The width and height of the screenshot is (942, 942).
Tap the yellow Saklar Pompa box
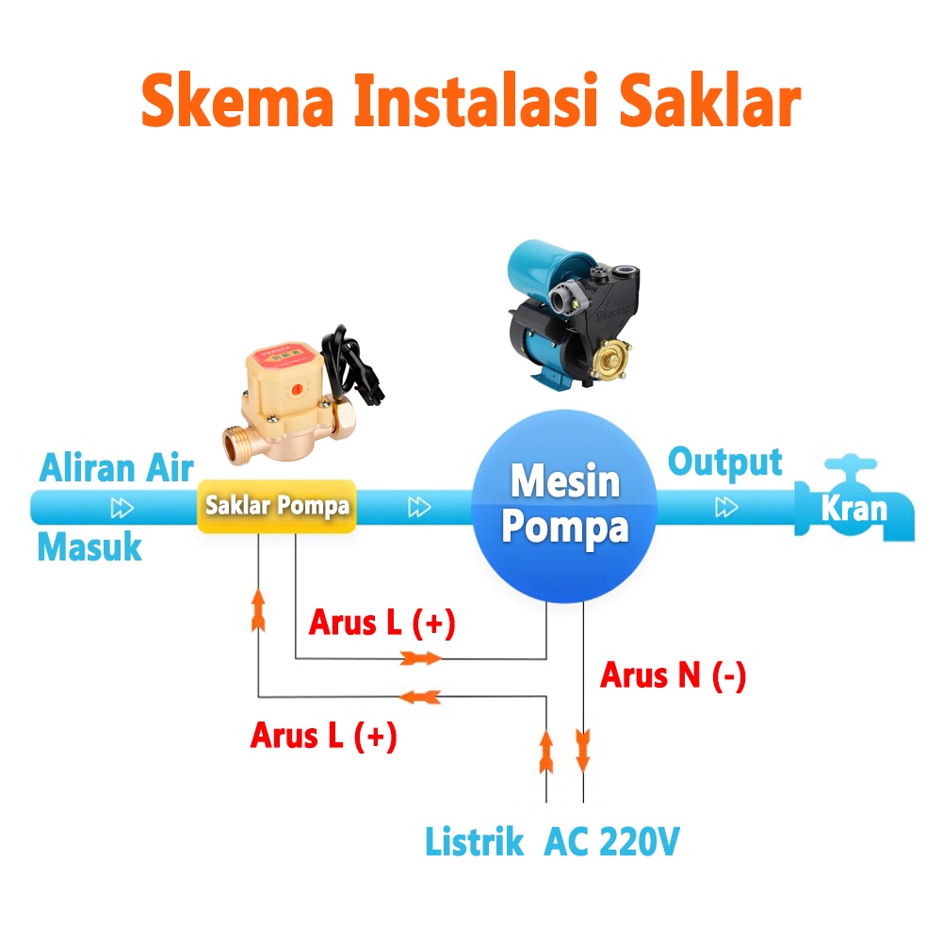point(277,506)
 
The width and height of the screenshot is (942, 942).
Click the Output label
point(724,463)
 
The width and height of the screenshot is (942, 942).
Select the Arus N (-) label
point(673,675)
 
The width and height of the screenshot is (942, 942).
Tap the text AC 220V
point(610,841)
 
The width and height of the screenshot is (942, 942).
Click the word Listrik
point(474,841)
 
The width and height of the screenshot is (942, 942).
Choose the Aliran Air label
point(117,467)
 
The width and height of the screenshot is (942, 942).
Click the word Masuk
point(89,547)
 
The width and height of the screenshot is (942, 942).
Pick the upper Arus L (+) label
point(382,623)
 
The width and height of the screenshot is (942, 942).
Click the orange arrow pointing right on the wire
point(420,658)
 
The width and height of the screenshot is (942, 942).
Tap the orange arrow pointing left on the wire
point(420,696)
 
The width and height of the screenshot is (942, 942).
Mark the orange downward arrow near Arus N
point(583,749)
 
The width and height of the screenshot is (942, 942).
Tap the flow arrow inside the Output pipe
point(725,508)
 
